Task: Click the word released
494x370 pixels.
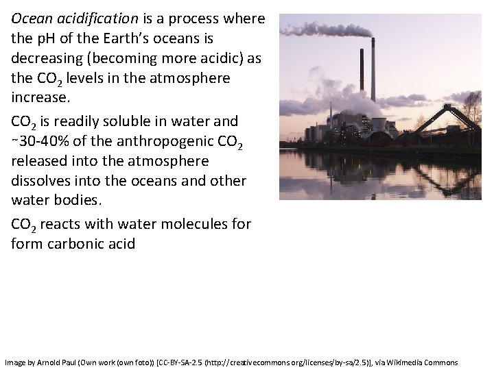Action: [40, 162]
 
